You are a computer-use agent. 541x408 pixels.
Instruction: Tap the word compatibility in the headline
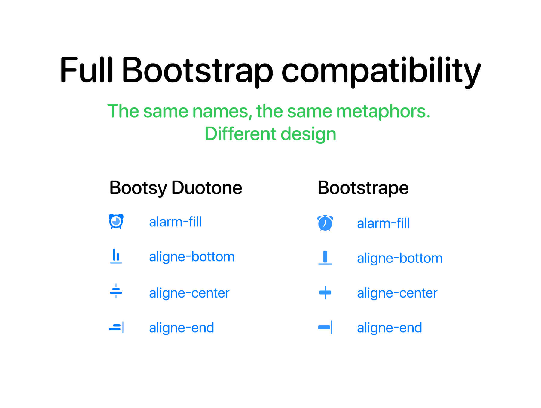pos(381,72)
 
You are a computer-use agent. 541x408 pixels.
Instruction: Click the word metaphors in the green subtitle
pos(383,112)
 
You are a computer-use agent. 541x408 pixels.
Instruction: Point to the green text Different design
pos(270,134)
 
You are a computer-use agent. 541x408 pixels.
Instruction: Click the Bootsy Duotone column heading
pos(176,188)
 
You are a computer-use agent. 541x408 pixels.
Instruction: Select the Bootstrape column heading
pos(363,188)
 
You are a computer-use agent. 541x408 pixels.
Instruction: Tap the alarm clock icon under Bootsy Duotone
pos(116,221)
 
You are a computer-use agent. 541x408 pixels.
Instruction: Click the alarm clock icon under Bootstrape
pos(325,223)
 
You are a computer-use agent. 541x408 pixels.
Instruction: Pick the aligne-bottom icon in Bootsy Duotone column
pos(116,256)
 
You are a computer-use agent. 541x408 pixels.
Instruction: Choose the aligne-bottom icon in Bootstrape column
pos(325,258)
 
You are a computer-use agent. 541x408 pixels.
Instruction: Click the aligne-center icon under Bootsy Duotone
pos(116,291)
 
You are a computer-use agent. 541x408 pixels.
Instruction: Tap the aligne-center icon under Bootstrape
pos(325,292)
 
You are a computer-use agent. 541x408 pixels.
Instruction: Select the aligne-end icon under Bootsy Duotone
pos(116,327)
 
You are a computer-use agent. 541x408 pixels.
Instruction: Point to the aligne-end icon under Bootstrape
pos(325,327)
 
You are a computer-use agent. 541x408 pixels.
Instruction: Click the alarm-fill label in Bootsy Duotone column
pos(175,222)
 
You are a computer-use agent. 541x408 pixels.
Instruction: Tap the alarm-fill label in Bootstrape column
pos(383,223)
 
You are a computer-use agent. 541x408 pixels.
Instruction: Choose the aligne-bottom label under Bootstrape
pos(400,258)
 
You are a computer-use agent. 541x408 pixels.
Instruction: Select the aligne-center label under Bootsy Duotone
pos(189,293)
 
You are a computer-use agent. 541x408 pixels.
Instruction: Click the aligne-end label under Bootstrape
pos(390,328)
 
